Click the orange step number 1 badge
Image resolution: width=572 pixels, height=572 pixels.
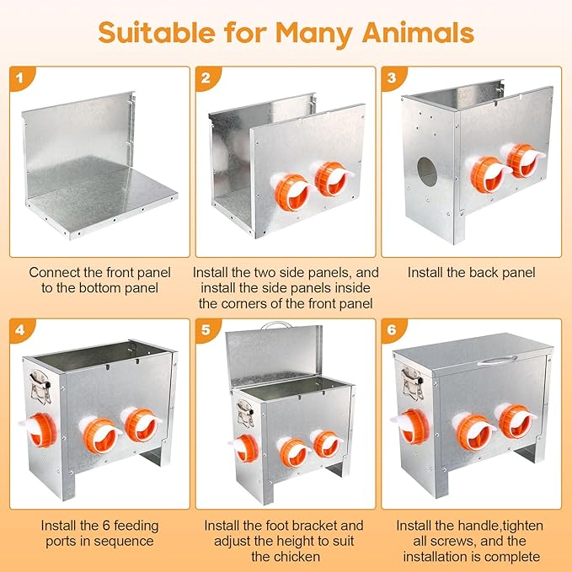[20, 78]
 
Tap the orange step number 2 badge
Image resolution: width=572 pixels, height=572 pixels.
[206, 78]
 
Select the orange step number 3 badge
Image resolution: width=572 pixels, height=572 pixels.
[393, 78]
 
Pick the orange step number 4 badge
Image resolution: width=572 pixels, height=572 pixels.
[20, 329]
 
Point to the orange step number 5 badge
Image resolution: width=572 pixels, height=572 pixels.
[206, 329]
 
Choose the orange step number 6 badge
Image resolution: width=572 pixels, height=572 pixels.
[393, 329]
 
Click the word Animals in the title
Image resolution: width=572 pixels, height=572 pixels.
[418, 33]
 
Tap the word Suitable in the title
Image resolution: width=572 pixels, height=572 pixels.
[157, 33]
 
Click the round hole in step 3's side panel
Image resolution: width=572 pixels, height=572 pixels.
[427, 172]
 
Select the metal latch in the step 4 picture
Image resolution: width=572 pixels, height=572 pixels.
[40, 387]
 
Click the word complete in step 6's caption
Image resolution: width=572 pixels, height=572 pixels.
[510, 557]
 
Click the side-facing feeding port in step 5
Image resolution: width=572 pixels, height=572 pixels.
[243, 448]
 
